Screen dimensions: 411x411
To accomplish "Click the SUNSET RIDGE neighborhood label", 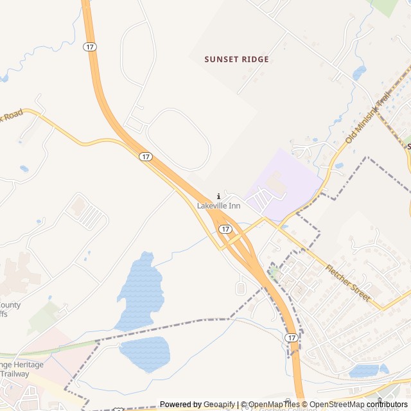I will click(236, 59).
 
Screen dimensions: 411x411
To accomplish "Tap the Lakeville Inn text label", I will click(218, 205).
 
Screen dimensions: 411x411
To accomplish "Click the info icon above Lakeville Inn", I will click(218, 196).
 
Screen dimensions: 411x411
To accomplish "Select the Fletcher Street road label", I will click(347, 283).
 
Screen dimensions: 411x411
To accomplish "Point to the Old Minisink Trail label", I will click(367, 118).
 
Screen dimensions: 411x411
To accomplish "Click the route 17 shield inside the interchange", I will click(225, 229).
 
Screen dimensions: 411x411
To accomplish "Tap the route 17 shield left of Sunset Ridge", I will click(89, 46).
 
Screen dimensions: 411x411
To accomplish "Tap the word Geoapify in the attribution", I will click(219, 405).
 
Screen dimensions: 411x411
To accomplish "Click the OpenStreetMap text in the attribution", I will click(338, 405).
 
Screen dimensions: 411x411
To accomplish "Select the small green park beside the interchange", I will click(274, 272).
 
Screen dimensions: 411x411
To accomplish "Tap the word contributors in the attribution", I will click(388, 405).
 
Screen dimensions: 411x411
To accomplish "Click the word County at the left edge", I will click(10, 305).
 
